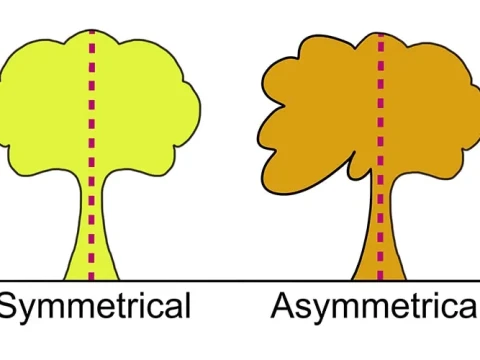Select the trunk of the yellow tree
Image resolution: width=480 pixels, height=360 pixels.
click(x=80, y=240)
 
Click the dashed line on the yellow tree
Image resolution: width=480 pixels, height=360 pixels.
click(x=92, y=150)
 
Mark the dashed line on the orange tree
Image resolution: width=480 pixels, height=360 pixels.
click(x=379, y=150)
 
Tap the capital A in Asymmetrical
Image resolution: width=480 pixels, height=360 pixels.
click(x=283, y=305)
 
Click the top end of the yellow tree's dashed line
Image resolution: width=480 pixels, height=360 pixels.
click(x=92, y=31)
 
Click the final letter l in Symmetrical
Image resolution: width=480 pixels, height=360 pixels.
click(x=186, y=304)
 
